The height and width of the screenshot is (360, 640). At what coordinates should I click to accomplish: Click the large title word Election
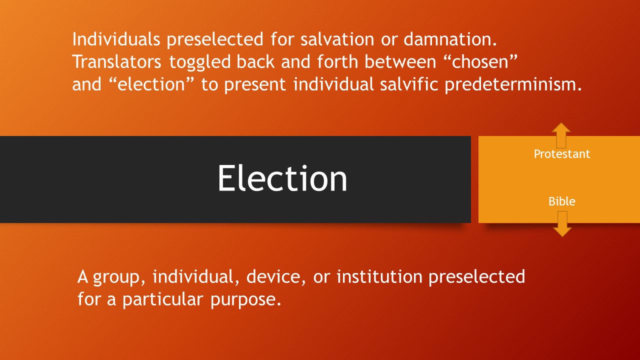282,178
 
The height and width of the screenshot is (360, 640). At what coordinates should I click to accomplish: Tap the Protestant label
561,154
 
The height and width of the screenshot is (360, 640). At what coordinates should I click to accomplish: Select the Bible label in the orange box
561,201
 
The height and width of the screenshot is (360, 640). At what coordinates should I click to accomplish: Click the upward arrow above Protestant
561,135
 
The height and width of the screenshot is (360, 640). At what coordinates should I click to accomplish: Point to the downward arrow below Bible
562,224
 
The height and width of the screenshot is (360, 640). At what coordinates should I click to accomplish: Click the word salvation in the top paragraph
337,39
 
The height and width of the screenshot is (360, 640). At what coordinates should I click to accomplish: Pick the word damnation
450,39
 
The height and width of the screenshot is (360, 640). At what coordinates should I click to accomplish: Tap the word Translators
117,61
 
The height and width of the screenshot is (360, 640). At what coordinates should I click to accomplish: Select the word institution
379,276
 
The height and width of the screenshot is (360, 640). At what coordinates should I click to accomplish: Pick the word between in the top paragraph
400,61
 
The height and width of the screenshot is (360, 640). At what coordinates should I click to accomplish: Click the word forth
337,61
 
